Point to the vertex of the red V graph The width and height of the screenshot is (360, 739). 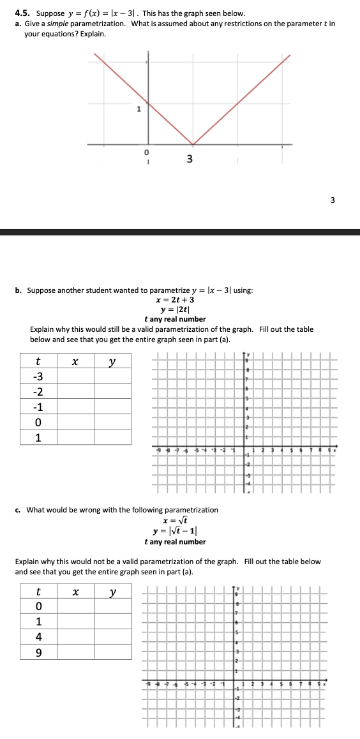193,144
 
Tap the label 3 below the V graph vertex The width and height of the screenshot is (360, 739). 190,158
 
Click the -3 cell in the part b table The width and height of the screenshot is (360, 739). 38,377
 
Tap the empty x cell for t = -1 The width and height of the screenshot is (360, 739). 75,407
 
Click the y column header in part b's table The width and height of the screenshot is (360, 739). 112,362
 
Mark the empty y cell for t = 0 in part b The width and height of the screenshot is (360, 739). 112,422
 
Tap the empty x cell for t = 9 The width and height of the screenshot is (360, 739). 75,652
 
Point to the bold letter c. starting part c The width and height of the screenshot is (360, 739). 19,510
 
